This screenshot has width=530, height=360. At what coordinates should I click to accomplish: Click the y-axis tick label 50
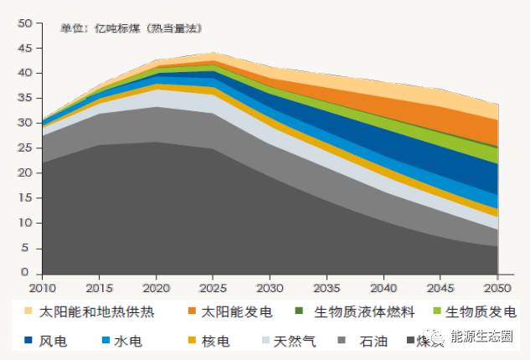24,23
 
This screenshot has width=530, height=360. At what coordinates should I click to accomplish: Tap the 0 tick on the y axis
28,273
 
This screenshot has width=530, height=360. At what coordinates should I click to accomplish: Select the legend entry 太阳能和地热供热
87,312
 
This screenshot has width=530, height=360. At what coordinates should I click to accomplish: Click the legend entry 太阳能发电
230,312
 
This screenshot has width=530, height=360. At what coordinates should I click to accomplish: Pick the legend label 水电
127,342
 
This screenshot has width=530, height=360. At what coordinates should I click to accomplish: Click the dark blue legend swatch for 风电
28,342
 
